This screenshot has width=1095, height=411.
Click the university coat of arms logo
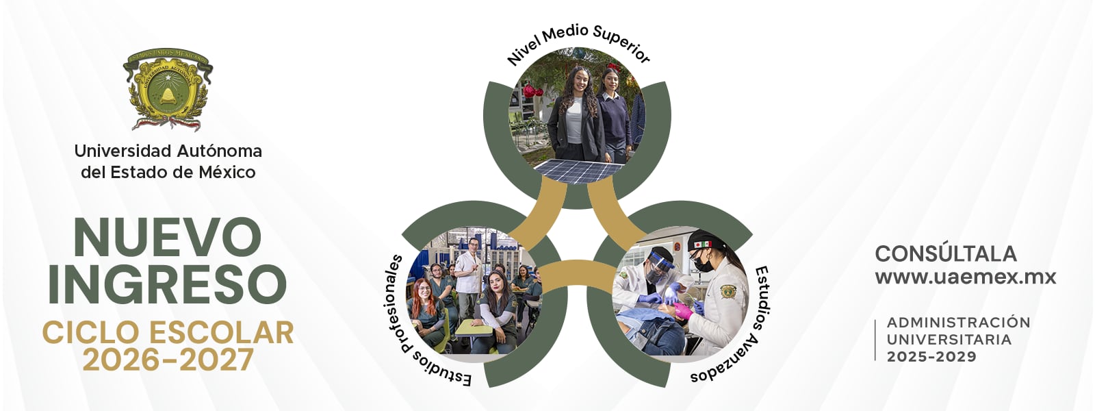[168, 89]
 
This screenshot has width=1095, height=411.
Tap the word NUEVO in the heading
[168, 238]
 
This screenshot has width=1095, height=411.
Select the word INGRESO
[168, 284]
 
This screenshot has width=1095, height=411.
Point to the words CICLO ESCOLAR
[168, 333]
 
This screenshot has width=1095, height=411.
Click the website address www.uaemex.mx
[966, 277]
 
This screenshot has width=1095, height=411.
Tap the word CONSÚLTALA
[946, 253]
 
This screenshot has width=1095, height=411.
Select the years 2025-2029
[931, 357]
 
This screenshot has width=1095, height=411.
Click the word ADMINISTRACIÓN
[958, 323]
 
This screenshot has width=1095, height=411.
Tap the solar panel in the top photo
[578, 171]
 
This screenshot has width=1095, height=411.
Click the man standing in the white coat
[469, 274]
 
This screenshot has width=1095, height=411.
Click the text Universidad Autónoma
[168, 151]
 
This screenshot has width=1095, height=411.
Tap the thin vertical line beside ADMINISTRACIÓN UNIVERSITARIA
[875, 340]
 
